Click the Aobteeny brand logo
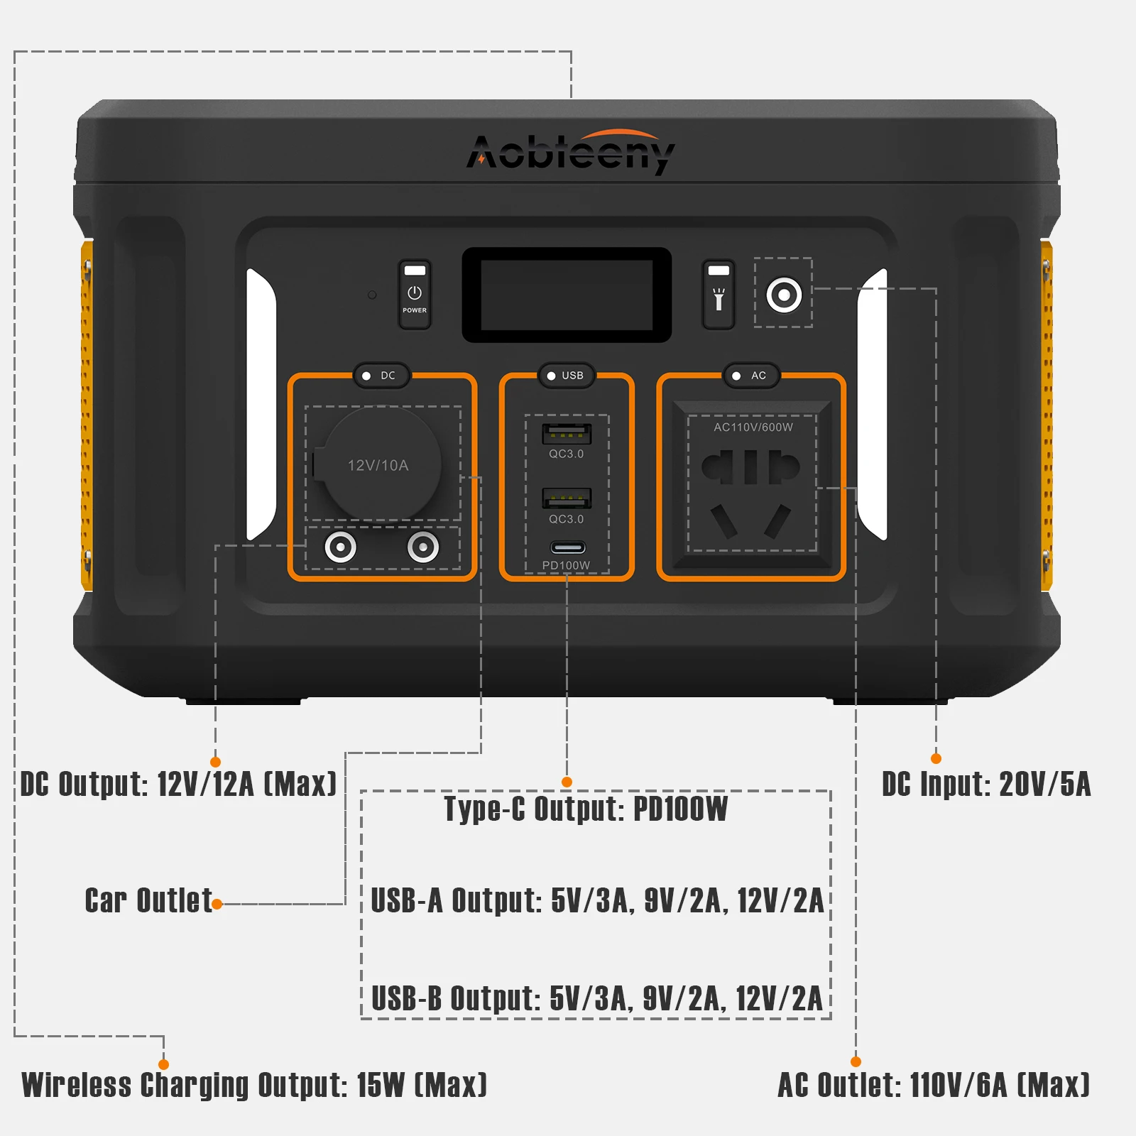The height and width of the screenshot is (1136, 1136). pos(570,152)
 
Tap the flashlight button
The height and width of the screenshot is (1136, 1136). pos(719,295)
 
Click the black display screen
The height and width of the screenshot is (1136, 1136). pos(567,295)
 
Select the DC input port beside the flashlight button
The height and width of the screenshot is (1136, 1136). pos(784,294)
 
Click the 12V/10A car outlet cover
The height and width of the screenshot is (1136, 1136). pos(378,464)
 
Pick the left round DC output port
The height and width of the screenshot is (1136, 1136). pos(340,547)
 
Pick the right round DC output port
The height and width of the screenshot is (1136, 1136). pos(423,547)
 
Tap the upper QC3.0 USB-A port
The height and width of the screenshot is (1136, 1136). pos(567,432)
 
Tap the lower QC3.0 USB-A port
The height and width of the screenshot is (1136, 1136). pos(567,498)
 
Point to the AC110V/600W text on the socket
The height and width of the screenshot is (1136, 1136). pos(753,427)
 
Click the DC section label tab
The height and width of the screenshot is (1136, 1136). pos(381,376)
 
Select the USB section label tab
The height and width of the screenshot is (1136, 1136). pos(567,376)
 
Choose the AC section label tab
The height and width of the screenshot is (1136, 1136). pos(751,376)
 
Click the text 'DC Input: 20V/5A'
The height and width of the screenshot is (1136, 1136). pos(985,785)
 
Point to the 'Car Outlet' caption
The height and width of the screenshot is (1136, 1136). pos(148,901)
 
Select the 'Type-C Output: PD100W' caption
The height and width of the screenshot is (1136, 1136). pos(586,809)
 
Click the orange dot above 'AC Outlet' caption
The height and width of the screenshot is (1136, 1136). pos(856,1061)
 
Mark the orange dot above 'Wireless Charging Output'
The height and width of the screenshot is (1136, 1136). pos(163,1064)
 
